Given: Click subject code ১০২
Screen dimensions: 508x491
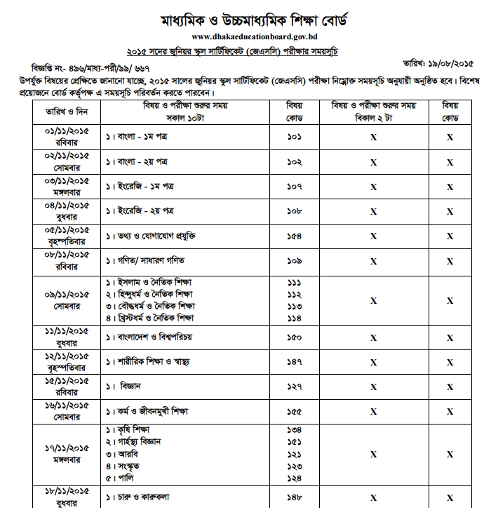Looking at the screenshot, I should coord(294,162).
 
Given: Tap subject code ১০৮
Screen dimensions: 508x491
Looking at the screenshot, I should coord(294,210).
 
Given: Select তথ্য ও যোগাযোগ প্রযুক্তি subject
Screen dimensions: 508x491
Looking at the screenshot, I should coord(150,236).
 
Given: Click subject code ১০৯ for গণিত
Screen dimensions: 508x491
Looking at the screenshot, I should coord(294,260).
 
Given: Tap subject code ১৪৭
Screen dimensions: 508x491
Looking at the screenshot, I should coord(294,362).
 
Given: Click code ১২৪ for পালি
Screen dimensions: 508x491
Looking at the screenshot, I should coord(294,478).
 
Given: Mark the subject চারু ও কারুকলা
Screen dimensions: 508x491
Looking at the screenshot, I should coord(137,497).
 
